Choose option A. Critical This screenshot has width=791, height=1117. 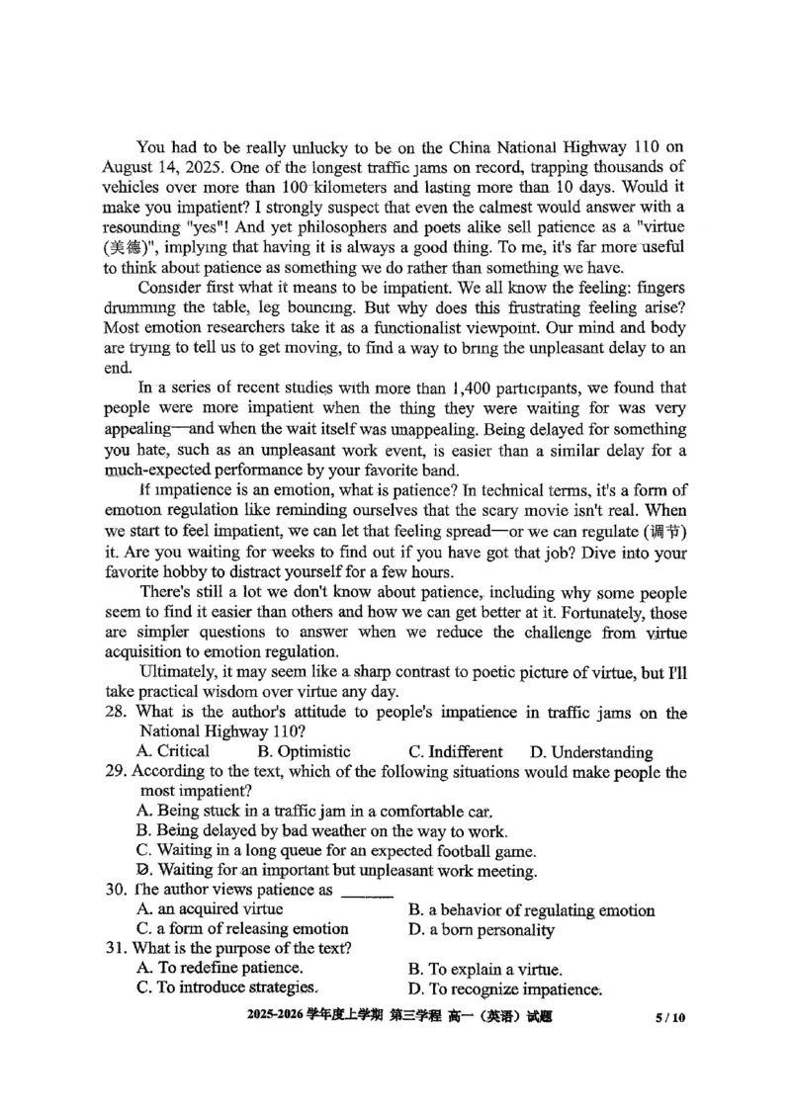pos(174,751)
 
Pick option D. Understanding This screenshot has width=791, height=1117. pos(590,752)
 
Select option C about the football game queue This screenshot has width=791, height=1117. pos(336,850)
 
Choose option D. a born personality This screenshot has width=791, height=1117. pos(481,929)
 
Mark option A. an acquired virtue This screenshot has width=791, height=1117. pos(211,908)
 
